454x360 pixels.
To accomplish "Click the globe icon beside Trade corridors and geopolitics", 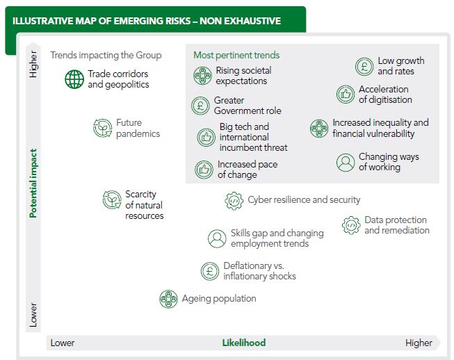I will tap(74, 79).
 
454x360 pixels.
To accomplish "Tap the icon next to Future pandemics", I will tap(103, 128).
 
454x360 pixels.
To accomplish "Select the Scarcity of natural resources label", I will tap(144, 205).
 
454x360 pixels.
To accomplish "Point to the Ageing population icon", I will tap(168, 299).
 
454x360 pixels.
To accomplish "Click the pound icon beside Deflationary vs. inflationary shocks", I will tap(210, 271).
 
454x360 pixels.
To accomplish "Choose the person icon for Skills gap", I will tap(217, 238).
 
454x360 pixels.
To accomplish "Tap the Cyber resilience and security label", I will tap(304, 200).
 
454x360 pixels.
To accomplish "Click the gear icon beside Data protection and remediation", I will tap(351, 224).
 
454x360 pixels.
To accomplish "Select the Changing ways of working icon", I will tap(346, 162).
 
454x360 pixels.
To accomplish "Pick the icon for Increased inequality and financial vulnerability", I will tap(319, 128).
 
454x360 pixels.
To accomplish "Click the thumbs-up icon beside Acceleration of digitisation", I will tap(346, 95).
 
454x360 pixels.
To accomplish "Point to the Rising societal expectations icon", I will tap(202, 76).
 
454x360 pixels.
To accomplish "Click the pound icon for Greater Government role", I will tap(200, 106).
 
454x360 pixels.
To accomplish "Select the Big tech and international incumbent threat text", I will tap(253, 137).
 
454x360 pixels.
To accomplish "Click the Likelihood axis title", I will tap(243, 343).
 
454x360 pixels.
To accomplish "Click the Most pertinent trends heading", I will tap(236, 55).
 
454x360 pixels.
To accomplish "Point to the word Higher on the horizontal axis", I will tap(419, 343).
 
